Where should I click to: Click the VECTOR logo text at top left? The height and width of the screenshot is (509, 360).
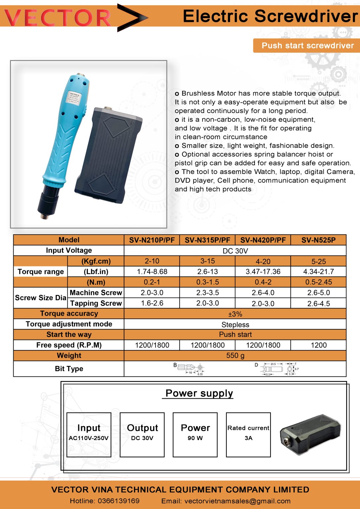click(x=58, y=18)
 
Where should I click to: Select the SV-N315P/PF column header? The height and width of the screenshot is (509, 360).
click(x=208, y=240)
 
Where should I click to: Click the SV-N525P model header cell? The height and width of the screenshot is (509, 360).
click(x=319, y=240)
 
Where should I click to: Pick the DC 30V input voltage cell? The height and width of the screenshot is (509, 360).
click(x=235, y=251)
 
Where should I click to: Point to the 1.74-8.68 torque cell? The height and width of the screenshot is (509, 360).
click(x=152, y=272)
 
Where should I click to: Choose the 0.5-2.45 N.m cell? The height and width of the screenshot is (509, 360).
click(x=319, y=282)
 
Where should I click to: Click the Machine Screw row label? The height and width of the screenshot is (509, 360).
click(x=96, y=293)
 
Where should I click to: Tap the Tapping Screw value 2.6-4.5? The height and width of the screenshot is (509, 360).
click(x=319, y=304)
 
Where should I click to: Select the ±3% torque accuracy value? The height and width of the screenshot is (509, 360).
click(x=235, y=314)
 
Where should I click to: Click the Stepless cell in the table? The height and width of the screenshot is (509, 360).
click(x=235, y=325)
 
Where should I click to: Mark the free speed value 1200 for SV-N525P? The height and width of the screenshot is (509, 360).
click(x=319, y=345)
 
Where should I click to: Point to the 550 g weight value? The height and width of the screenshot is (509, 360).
click(x=235, y=356)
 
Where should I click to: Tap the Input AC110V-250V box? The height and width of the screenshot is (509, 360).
click(x=89, y=434)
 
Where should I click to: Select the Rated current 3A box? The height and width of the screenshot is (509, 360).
click(x=248, y=434)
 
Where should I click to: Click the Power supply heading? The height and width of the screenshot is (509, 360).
click(x=199, y=393)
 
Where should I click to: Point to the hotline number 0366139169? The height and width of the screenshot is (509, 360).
click(x=119, y=501)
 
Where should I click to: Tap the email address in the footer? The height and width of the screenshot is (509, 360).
click(x=237, y=501)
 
